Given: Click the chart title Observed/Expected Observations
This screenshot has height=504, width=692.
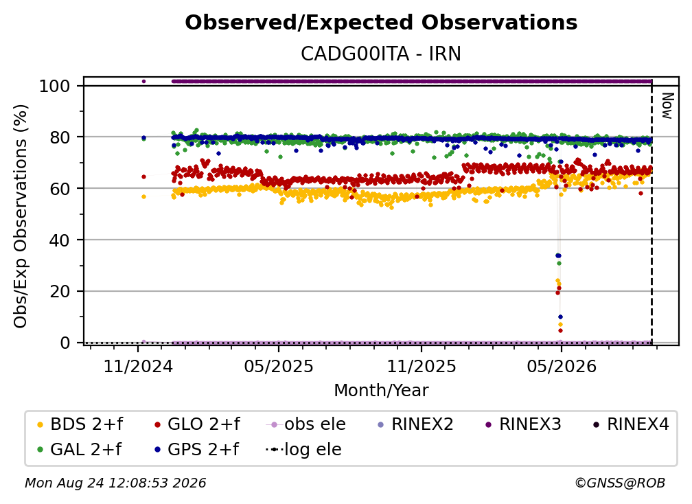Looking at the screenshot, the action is (381, 23).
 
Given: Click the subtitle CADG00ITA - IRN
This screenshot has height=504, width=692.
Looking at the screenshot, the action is (381, 54).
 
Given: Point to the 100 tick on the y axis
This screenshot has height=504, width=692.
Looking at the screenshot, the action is (54, 86).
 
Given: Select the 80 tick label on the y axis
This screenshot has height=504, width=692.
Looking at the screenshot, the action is (60, 137).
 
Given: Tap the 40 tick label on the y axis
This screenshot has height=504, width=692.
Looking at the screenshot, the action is (60, 240).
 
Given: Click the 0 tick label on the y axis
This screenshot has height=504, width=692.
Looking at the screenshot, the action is (65, 343).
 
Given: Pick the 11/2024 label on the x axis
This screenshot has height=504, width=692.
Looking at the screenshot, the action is (138, 366).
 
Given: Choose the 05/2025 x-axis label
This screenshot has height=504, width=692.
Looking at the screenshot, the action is (279, 366).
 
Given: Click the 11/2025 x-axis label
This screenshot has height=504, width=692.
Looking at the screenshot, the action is (422, 366).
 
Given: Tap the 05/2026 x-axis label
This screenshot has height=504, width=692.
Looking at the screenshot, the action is (562, 366).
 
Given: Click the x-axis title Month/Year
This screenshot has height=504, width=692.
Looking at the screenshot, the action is (381, 391).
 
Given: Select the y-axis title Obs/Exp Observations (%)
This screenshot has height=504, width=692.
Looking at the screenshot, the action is (21, 216).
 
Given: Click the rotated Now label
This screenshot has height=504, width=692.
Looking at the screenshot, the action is (667, 106).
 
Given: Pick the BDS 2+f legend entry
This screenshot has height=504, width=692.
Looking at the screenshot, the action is (80, 424).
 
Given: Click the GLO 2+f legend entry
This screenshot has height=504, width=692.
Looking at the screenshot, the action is (197, 424).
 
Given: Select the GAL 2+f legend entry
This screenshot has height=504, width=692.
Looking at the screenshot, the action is (80, 450).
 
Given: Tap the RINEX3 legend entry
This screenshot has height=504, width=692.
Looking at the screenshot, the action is (523, 424).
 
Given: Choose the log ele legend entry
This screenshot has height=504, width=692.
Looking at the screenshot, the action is (303, 450).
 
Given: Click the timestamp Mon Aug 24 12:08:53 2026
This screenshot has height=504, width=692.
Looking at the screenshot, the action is (115, 483).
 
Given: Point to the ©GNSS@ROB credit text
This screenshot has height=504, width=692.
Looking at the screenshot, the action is (620, 483).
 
